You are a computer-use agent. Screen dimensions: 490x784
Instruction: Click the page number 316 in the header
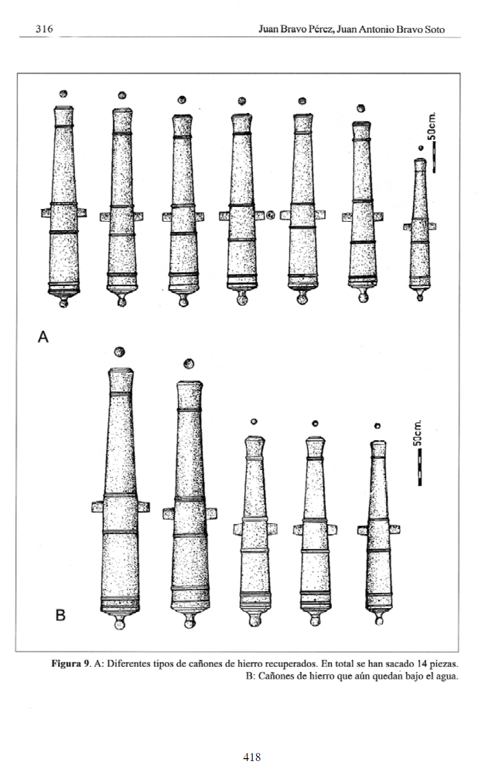[44, 29]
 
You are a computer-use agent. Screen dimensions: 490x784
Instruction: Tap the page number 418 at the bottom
[252, 756]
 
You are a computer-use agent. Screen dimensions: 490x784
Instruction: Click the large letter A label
[43, 336]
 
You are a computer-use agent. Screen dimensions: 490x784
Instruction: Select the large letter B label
[61, 615]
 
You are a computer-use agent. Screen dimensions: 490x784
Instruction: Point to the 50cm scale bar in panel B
[420, 466]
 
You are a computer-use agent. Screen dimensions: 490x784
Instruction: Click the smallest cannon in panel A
[420, 225]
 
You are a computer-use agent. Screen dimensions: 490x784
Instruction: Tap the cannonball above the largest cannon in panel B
[120, 352]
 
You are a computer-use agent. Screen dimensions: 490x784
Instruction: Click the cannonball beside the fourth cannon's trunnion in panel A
[271, 215]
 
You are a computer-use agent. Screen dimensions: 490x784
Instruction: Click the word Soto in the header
[433, 30]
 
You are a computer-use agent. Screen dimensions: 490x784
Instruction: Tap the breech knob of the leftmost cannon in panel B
[120, 623]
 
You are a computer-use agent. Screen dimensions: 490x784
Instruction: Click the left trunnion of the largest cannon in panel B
[97, 507]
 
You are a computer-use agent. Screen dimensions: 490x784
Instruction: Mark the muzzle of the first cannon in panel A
[64, 111]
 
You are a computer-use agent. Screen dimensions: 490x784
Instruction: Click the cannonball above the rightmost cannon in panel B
[377, 426]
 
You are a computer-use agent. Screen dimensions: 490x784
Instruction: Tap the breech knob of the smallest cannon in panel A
[420, 296]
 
